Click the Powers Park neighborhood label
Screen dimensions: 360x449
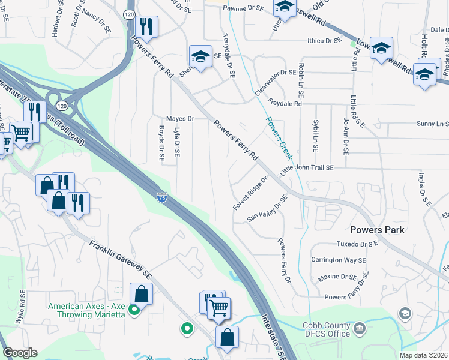pyautogui.click(x=377, y=230)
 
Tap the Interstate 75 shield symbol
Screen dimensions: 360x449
pyautogui.click(x=161, y=196)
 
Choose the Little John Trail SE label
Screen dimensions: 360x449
pyautogui.click(x=307, y=169)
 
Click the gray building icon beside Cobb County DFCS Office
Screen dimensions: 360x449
pyautogui.click(x=360, y=328)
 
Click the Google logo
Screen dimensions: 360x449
pyautogui.click(x=20, y=353)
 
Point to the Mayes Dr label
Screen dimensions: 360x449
pyautogui.click(x=180, y=119)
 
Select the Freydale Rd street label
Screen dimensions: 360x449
pyautogui.click(x=285, y=104)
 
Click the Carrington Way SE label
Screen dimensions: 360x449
pyautogui.click(x=338, y=260)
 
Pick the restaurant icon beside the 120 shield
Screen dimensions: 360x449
pyautogui.click(x=146, y=26)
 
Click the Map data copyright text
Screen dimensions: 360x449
pyautogui.click(x=423, y=355)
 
